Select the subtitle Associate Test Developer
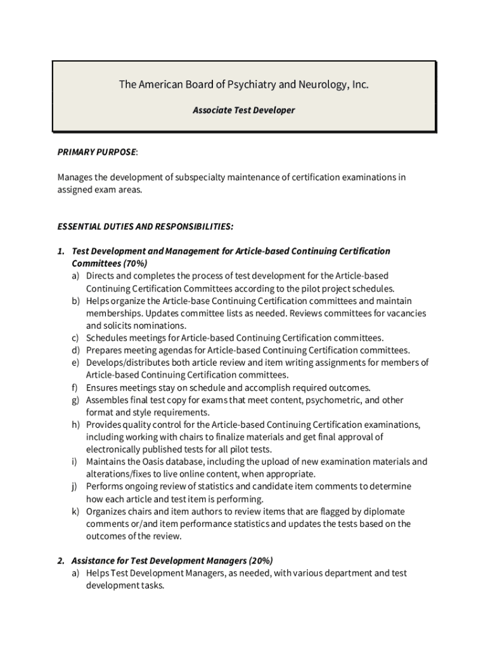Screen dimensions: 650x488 (243, 110)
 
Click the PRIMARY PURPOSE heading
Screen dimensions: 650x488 (96, 152)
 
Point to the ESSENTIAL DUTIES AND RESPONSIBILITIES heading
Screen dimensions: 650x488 (145, 226)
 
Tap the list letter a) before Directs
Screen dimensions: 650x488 (75, 276)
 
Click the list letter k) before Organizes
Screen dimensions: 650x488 (75, 512)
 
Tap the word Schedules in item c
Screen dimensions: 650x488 (108, 338)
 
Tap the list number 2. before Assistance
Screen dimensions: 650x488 (61, 560)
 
